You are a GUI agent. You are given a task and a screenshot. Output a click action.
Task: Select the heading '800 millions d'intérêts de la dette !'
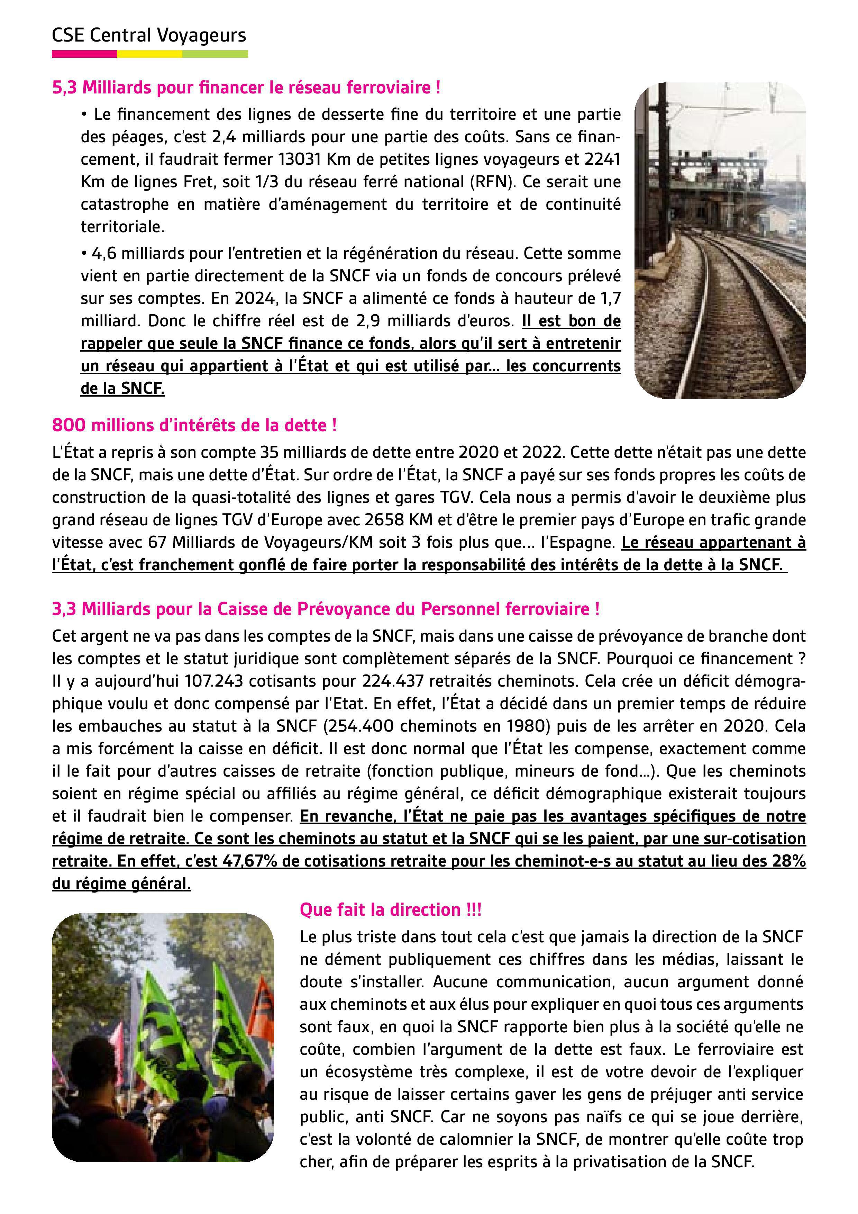coord(194,426)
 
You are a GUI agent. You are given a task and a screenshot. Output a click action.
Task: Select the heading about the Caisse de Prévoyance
coord(326,609)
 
